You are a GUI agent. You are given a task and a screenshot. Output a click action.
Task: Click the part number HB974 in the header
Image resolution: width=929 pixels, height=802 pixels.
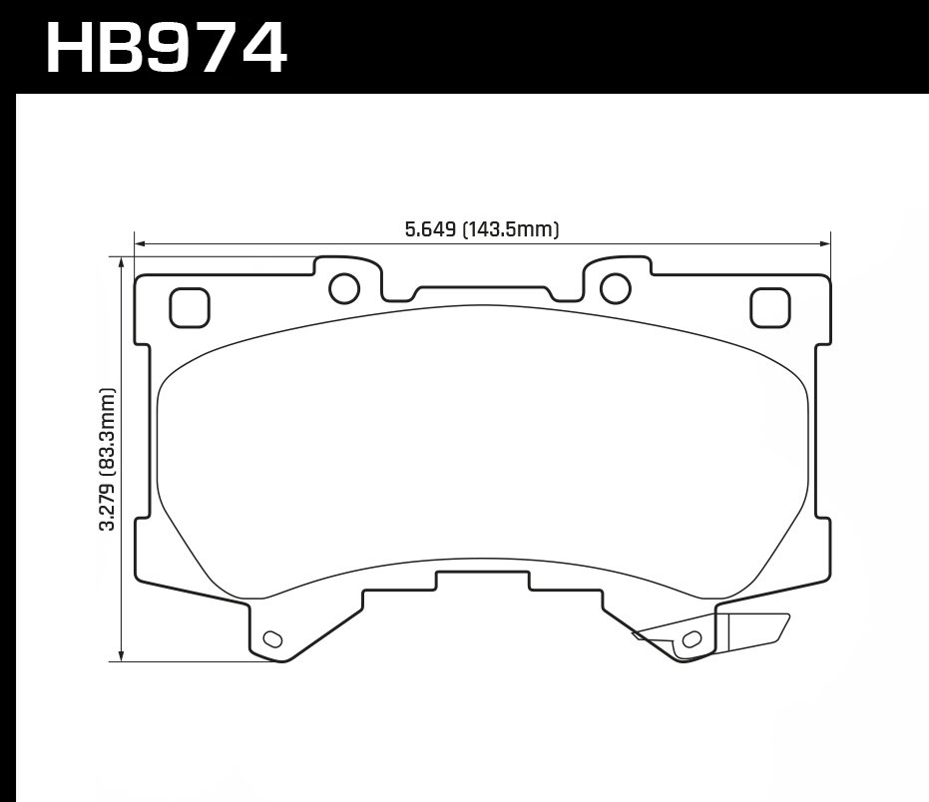[166, 47]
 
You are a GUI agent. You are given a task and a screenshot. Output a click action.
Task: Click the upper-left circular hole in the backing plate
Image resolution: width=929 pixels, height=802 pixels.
[343, 287]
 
